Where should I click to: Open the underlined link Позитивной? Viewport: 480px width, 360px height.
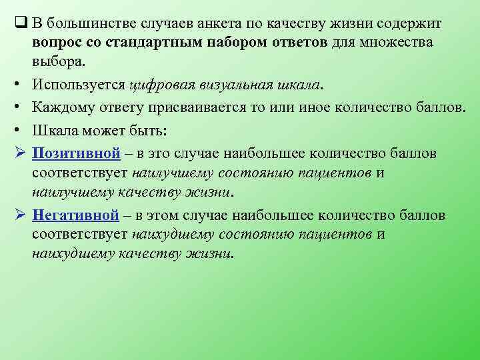tap(76, 154)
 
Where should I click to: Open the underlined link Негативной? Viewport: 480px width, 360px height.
tap(75, 215)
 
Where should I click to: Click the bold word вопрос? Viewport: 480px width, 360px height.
tap(55, 43)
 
